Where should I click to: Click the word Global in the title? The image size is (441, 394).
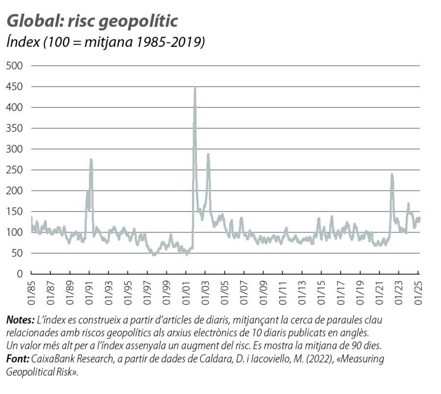29,21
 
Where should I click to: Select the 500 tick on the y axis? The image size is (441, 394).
14,66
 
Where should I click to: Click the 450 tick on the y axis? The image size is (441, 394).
14,87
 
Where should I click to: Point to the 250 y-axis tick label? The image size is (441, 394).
14,170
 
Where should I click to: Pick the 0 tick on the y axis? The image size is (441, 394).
20,274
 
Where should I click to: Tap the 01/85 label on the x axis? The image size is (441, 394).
32,291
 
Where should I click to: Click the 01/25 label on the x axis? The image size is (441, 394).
419,291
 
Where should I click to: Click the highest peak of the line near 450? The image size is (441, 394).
195,88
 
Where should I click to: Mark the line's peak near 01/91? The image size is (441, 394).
91,160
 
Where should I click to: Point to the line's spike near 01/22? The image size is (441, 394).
392,174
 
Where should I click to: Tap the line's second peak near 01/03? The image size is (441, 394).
208,155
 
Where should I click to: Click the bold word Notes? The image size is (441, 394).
20,320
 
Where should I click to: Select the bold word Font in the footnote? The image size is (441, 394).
17,359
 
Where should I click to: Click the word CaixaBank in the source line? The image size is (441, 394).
52,359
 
